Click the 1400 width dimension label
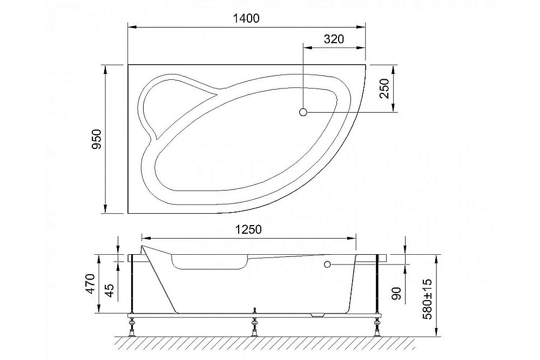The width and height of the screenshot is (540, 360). coord(246,18)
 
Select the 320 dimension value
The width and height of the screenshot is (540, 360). coord(334,39)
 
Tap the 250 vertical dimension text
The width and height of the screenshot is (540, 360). coord(384,89)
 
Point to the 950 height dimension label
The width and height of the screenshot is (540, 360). coord(97,139)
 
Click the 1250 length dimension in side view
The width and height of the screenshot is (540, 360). coord(248,229)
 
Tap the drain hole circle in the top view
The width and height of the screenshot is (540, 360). coord(303,112)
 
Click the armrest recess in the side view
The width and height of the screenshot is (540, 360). coord(208,263)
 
